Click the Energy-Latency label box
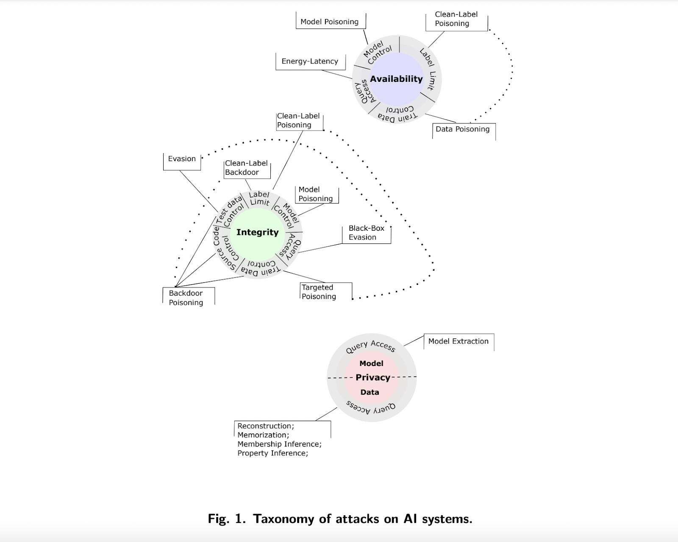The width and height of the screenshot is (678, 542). (x=310, y=61)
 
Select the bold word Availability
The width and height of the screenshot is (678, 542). (x=396, y=79)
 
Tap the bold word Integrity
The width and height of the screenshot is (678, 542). (x=257, y=232)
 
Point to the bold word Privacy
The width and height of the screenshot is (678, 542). (x=372, y=377)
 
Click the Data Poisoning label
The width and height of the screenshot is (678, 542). (x=462, y=129)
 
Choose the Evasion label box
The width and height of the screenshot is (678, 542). (x=182, y=159)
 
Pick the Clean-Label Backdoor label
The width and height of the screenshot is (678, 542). (x=246, y=168)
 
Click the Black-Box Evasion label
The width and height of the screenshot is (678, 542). (x=366, y=232)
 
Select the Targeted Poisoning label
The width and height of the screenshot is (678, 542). (x=319, y=292)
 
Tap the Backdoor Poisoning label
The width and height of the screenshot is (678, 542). (x=186, y=298)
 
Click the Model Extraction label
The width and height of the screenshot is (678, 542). (x=458, y=341)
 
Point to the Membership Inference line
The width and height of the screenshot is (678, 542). (x=279, y=444)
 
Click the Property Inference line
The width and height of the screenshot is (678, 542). (x=272, y=453)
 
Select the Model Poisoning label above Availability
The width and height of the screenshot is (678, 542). (x=329, y=22)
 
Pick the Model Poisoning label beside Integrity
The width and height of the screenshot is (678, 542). (x=315, y=194)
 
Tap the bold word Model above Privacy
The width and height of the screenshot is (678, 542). (x=371, y=363)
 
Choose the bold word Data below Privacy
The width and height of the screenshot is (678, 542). (x=370, y=392)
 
